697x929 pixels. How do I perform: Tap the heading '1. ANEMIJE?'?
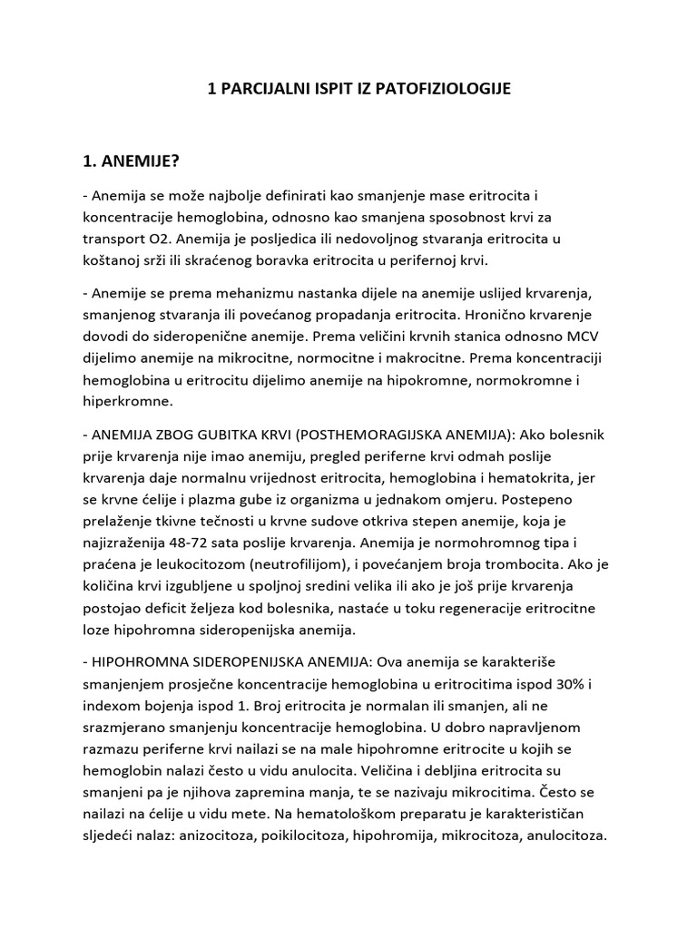coord(132,161)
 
